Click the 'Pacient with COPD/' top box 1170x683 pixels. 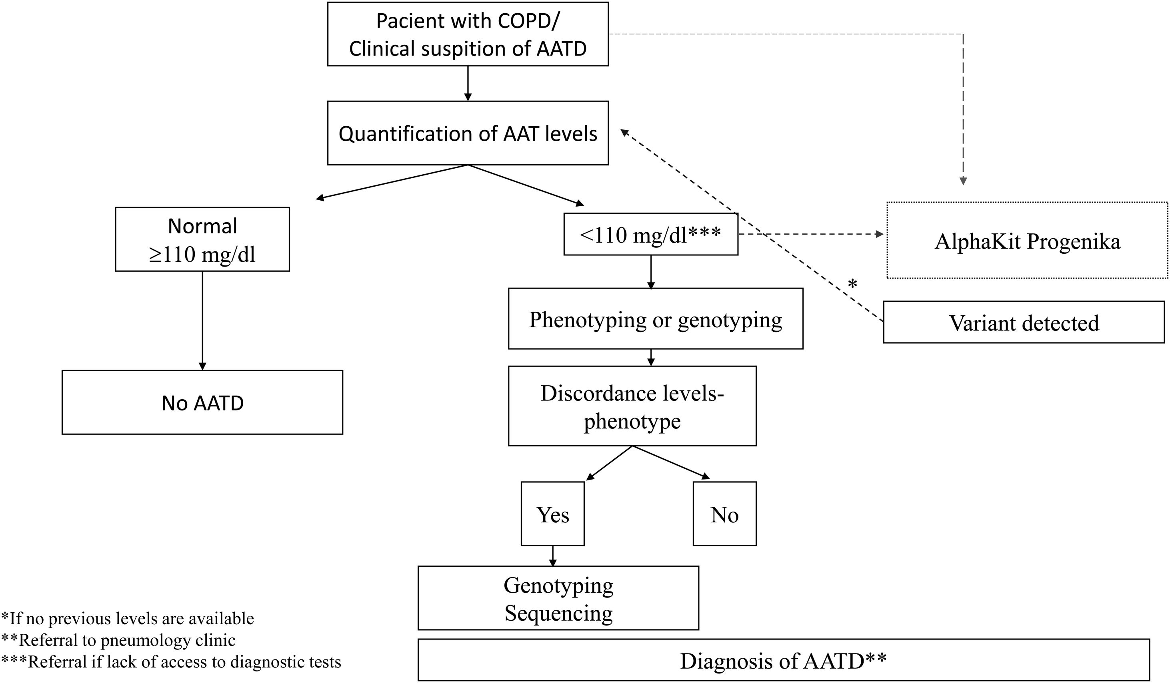468,34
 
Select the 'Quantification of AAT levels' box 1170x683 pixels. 468,133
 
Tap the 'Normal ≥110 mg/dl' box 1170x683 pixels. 202,239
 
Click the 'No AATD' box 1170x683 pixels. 202,402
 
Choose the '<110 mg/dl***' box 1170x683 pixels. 650,235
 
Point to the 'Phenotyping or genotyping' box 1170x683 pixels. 655,319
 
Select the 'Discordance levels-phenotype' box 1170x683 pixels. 632,406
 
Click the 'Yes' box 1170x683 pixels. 552,514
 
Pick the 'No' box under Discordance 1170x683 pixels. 724,514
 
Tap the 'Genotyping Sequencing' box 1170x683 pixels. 558,598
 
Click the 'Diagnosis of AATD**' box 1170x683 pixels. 783,660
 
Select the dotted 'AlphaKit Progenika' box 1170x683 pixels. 1027,240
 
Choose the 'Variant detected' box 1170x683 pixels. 1024,323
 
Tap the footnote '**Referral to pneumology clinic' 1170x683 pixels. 119,640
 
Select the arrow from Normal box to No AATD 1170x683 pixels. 202,320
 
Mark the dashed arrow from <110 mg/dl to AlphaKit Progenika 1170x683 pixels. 810,234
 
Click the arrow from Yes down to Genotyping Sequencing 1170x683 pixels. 552,556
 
